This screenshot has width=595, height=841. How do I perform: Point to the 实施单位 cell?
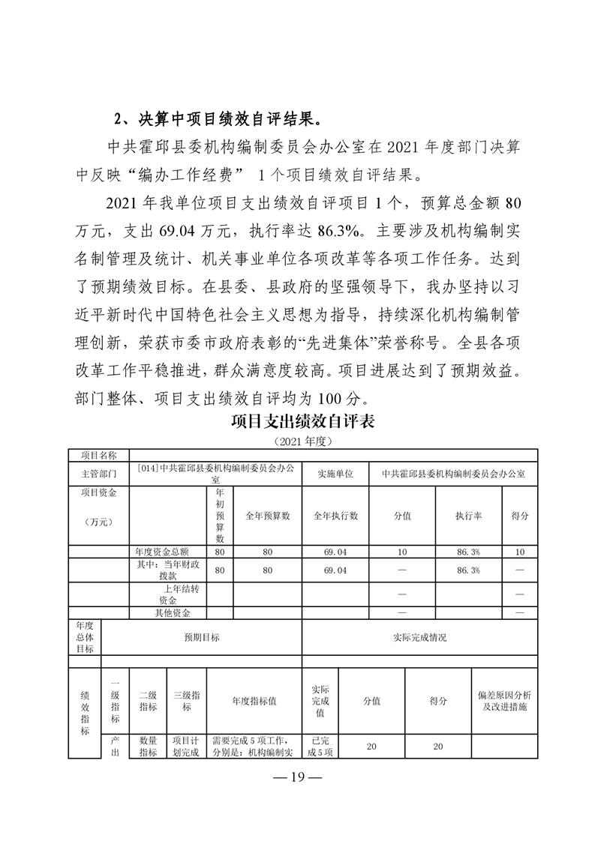coord(335,474)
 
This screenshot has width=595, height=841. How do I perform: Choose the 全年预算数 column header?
coord(267,516)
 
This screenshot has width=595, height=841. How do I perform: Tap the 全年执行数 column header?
coord(335,516)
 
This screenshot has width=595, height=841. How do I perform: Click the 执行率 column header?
coord(468,516)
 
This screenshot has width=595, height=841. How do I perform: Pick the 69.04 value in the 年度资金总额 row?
coord(335,552)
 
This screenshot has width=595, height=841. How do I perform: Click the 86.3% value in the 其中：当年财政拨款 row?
coord(468,570)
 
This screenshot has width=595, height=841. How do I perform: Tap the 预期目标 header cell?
coord(202,637)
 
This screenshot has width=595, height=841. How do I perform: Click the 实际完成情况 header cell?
coord(419,637)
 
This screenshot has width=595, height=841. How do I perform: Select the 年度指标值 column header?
coord(254,702)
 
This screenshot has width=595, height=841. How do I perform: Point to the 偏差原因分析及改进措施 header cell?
coord(504,702)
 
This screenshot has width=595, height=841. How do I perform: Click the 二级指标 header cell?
coord(148,702)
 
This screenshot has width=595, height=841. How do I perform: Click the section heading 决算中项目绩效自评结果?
coord(227,119)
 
